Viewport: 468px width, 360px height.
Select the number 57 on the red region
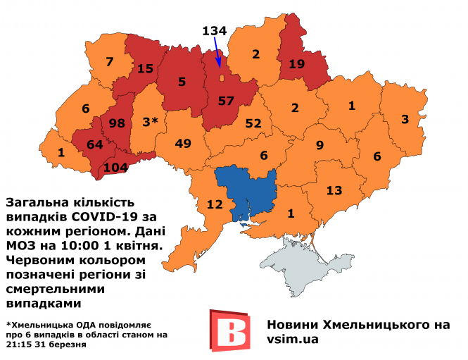point(226,101)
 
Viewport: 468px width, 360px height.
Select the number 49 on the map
point(183,144)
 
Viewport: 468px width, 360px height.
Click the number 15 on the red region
point(145,68)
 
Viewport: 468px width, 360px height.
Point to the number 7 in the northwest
point(109,62)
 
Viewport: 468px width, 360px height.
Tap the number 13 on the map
point(334,190)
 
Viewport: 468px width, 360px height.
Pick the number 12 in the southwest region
point(214,204)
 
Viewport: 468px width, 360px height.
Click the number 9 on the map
point(319,146)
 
